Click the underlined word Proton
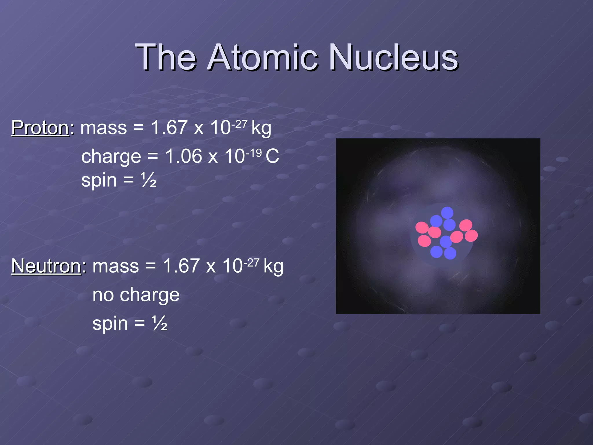coord(40,127)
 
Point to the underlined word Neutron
coord(46,266)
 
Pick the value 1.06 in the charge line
coord(184,156)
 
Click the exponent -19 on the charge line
coord(254,152)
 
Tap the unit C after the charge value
coord(272,156)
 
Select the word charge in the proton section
coord(111,157)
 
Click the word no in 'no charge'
coord(103,295)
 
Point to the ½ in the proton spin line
coord(149,180)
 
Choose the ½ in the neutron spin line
coord(160,324)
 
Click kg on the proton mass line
coord(261,128)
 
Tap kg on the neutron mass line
coord(273,267)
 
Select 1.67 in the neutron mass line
coord(181,266)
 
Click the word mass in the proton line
coord(104,128)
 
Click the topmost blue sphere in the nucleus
coord(447,212)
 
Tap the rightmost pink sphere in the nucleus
coord(471,236)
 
